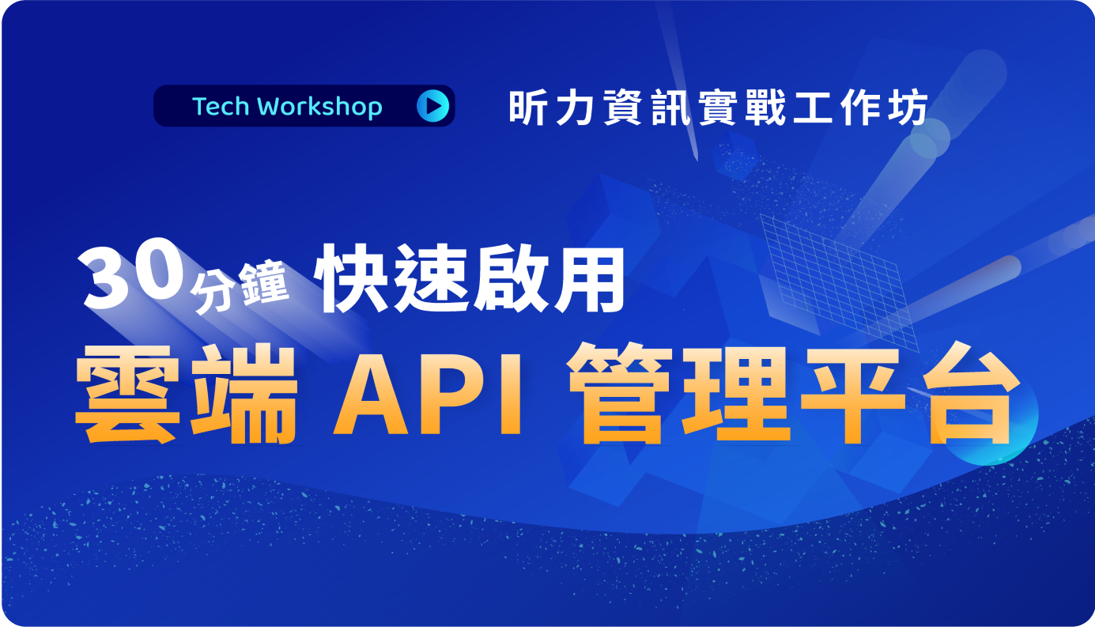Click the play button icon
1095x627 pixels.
[432, 106]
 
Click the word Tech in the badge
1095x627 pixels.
[221, 107]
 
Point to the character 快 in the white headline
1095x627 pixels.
[353, 278]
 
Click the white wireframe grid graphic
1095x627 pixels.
[838, 281]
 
